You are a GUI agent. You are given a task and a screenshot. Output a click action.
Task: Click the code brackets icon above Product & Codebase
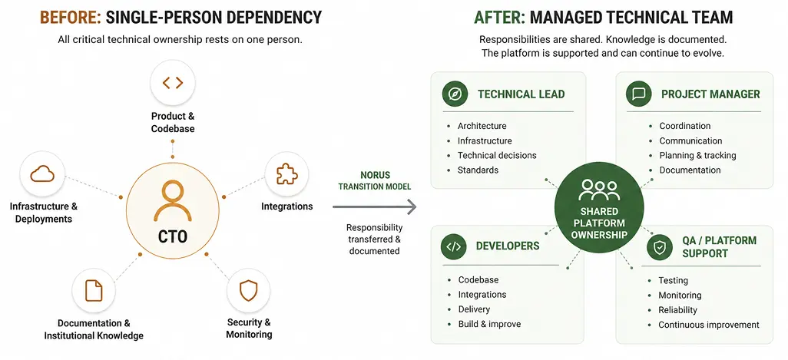point(172,82)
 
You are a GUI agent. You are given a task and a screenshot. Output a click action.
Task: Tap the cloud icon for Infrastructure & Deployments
point(42,174)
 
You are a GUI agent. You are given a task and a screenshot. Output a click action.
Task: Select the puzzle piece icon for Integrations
point(287,173)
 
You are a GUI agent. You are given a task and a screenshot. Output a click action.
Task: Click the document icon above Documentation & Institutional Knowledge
point(94,290)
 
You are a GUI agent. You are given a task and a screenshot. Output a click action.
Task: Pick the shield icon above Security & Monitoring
point(248,291)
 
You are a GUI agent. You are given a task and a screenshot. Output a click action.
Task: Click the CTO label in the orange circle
point(172,236)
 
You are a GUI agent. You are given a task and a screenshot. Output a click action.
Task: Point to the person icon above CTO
point(172,201)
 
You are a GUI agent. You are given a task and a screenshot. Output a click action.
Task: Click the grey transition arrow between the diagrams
point(374,206)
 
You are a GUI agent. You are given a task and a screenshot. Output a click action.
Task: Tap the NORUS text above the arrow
point(375,175)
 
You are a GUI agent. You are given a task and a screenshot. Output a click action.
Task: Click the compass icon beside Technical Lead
point(455,94)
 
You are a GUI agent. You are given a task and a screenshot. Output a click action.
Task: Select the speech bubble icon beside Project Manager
point(639,94)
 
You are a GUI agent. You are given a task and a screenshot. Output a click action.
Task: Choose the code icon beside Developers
point(453,246)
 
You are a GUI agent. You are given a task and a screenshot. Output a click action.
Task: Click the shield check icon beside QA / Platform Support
point(659,247)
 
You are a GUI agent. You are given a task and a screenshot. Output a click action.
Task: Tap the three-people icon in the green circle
point(599,190)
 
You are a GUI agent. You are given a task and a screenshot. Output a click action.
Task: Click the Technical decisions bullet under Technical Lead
point(497,155)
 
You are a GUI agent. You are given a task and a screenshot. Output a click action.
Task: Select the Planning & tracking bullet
point(697,155)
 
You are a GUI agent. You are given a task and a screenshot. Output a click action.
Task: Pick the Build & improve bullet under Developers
point(489,324)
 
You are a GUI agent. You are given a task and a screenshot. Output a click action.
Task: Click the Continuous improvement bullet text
point(709,325)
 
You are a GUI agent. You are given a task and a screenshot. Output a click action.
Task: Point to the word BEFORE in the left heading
point(71,18)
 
